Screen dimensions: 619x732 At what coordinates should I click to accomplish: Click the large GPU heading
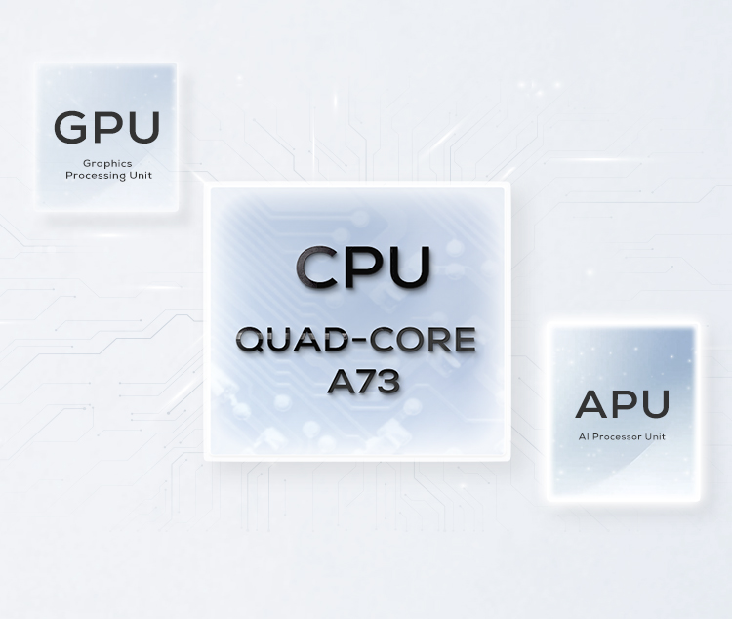point(106,127)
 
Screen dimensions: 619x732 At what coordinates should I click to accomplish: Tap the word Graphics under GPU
point(107,163)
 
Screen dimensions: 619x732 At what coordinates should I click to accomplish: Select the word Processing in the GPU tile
point(94,176)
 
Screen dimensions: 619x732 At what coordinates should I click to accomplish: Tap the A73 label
point(363,382)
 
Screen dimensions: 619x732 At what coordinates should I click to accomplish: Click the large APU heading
point(622,403)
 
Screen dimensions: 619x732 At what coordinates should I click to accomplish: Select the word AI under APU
point(585,436)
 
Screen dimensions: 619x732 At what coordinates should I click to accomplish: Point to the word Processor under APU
point(618,436)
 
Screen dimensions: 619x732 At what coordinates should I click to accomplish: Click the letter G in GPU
point(70,127)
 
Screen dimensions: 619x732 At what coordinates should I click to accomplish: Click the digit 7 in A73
point(363,382)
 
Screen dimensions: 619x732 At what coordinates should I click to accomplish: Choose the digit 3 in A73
point(387,382)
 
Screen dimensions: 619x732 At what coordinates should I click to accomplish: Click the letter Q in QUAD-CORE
point(252,341)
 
